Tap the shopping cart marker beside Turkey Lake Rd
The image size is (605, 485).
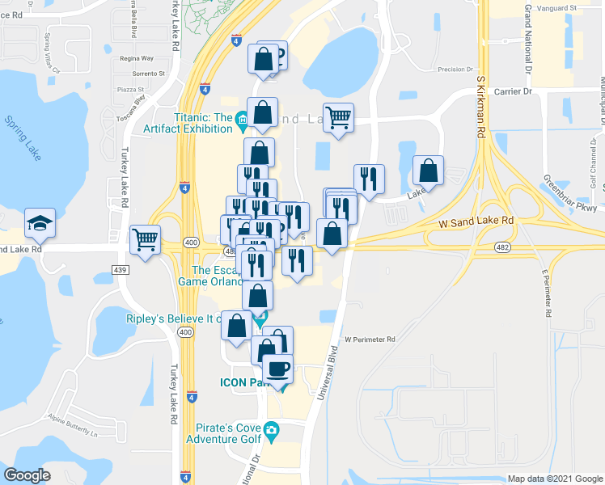146,238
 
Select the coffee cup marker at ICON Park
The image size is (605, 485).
278,369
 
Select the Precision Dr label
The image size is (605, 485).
455,70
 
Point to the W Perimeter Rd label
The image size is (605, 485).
368,339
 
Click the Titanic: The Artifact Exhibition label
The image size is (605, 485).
191,123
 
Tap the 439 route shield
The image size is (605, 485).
121,268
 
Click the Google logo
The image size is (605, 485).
27,475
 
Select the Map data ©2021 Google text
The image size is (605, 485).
554,479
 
